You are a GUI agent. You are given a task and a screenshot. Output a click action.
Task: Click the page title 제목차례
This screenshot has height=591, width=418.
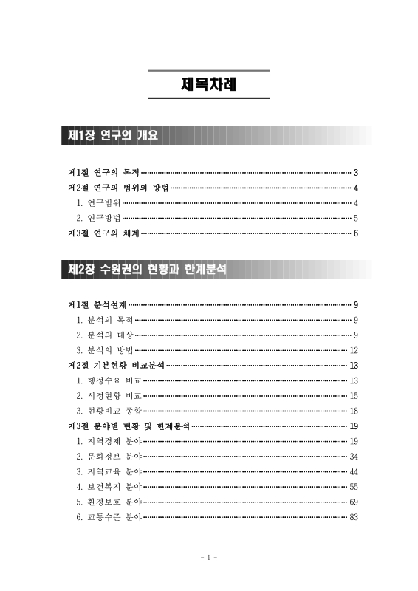point(209,85)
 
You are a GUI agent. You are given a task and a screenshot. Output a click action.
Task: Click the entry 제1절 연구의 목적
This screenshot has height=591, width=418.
point(103,171)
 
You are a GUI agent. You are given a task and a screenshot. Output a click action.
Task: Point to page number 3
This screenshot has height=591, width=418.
point(356,171)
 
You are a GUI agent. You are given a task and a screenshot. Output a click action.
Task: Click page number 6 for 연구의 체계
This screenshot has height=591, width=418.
point(356,233)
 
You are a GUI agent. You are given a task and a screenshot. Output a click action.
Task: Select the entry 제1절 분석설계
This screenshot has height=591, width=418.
point(97,304)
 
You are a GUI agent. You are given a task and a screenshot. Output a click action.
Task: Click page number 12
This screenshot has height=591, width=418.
point(354,350)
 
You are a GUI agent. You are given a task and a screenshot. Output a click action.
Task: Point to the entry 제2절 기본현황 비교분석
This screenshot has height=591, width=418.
point(115,365)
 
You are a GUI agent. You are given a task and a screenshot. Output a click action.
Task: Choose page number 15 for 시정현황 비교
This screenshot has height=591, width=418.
point(354,395)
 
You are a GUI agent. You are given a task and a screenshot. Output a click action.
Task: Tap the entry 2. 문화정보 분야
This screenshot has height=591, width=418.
point(109,457)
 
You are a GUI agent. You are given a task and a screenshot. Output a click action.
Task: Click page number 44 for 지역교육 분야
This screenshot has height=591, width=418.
point(354,471)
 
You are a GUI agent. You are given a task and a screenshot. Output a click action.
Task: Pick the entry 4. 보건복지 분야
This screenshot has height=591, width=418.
point(109,487)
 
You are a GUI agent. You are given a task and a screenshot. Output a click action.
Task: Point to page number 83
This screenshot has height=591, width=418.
point(354,517)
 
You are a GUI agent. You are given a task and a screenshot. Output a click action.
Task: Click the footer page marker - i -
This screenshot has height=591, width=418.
point(209,558)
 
